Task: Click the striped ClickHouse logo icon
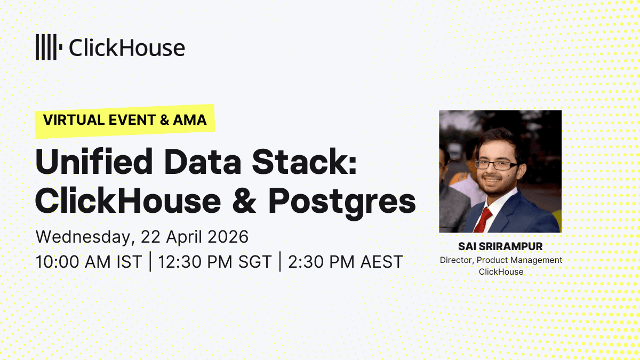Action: pyautogui.click(x=49, y=47)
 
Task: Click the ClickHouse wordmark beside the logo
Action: pyautogui.click(x=127, y=47)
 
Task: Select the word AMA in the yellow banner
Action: pyautogui.click(x=190, y=119)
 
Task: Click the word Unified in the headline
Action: pyautogui.click(x=94, y=162)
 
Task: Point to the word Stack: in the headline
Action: pyautogui.click(x=305, y=162)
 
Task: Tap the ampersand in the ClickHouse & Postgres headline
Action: pyautogui.click(x=244, y=201)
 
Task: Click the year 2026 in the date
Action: pyautogui.click(x=228, y=237)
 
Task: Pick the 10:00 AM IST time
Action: pyautogui.click(x=89, y=262)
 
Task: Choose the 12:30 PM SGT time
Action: pyautogui.click(x=215, y=262)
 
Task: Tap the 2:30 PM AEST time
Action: pyautogui.click(x=346, y=262)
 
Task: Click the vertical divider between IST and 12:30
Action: pyautogui.click(x=150, y=261)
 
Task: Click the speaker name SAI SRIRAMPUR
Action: pyautogui.click(x=500, y=246)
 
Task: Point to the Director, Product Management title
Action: pyautogui.click(x=501, y=260)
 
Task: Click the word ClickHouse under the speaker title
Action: pyautogui.click(x=501, y=271)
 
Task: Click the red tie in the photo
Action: pyautogui.click(x=483, y=219)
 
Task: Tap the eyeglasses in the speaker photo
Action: pyautogui.click(x=497, y=165)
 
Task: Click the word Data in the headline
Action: pyautogui.click(x=203, y=162)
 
